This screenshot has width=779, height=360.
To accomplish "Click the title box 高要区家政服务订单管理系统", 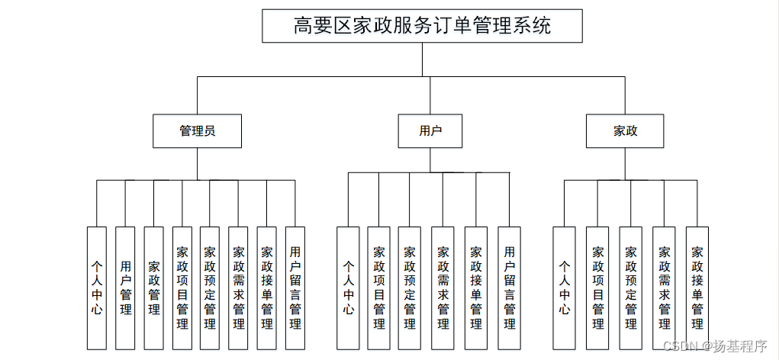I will click(x=422, y=26).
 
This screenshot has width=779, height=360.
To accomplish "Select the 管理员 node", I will click(x=197, y=130).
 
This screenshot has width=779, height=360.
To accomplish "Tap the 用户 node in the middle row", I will click(x=430, y=130).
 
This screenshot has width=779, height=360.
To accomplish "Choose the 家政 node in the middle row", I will click(x=626, y=130).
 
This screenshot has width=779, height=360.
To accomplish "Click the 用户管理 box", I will click(x=125, y=288).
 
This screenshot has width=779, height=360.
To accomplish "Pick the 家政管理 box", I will click(x=153, y=288).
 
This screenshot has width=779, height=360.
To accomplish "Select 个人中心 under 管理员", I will click(x=97, y=288).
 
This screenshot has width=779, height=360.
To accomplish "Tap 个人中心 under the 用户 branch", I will click(x=348, y=288).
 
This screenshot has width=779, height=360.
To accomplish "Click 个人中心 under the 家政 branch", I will click(x=564, y=288).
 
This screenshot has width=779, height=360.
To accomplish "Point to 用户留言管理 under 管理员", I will click(x=295, y=288).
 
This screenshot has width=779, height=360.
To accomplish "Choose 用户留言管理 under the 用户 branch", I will click(x=509, y=288).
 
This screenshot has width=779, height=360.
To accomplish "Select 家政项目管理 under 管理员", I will click(x=182, y=288).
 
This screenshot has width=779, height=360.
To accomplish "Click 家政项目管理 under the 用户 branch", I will click(x=378, y=288).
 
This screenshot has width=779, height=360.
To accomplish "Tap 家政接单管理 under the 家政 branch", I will click(x=697, y=288).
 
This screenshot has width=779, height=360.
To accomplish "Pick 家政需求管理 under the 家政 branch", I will click(x=664, y=288).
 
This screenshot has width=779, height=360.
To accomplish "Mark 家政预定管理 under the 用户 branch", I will click(x=409, y=288).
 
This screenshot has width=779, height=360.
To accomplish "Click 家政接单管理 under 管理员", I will click(x=266, y=288).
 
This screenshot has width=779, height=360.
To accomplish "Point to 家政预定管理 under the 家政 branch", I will click(x=630, y=288).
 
